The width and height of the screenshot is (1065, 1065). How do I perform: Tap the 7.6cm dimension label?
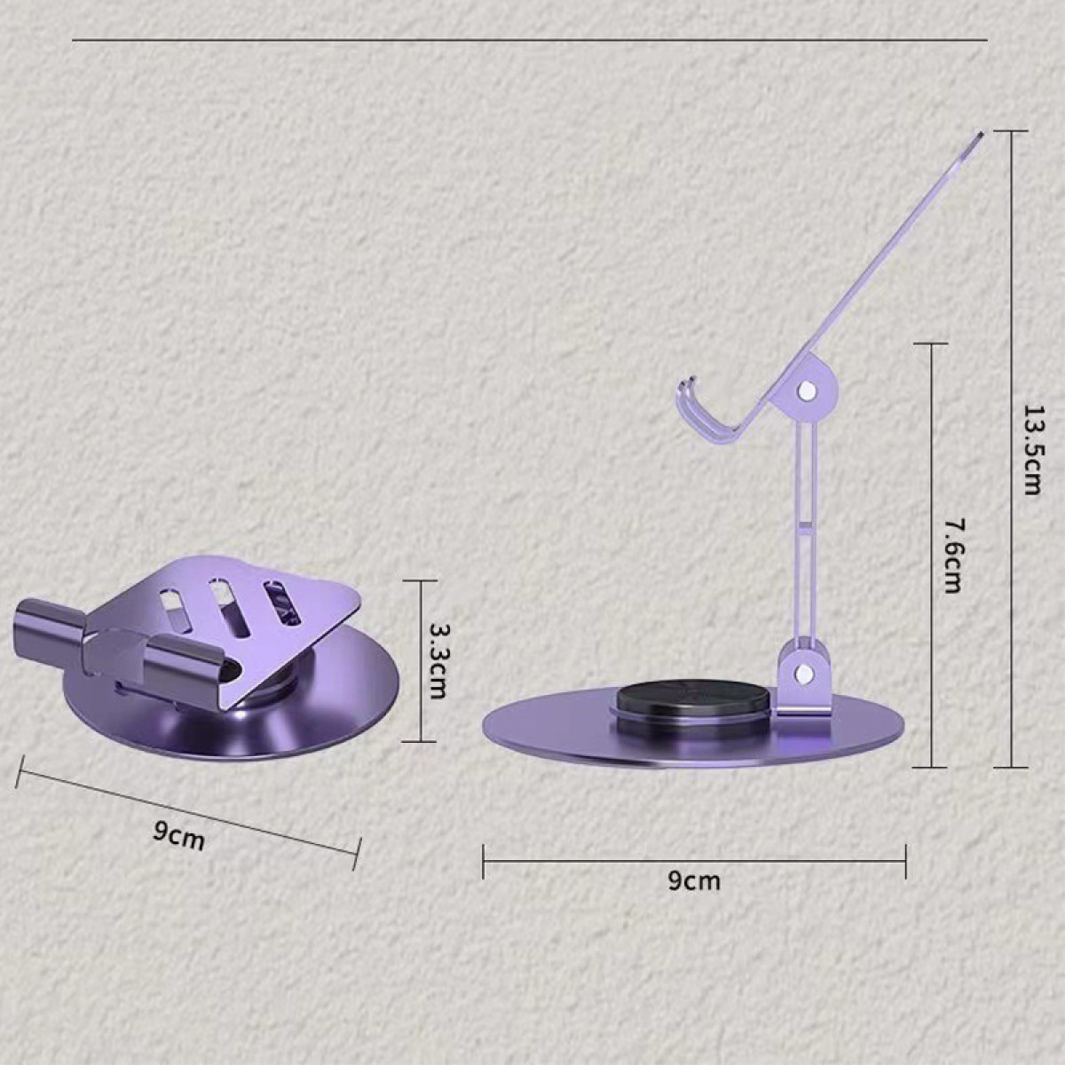(952, 555)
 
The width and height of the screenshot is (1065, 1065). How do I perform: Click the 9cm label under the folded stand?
(179, 836)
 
